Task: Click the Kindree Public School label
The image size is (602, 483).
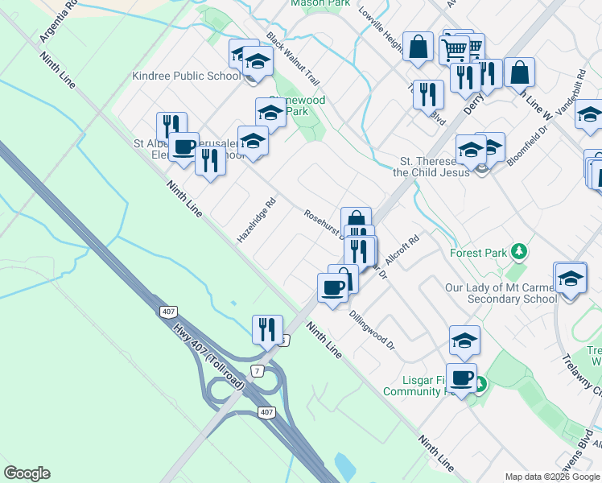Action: pos(186,76)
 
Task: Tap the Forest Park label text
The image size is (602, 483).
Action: pos(478,253)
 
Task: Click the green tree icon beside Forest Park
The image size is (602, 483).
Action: pos(521,253)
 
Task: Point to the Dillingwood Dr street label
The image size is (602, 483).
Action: pos(372,331)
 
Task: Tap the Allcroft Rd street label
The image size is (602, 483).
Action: pos(403,251)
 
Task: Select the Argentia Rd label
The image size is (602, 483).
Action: pos(57,22)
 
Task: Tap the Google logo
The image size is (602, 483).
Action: pos(27,473)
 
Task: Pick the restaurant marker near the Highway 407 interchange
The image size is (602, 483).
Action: pos(267,329)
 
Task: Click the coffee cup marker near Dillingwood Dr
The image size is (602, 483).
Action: pos(332,287)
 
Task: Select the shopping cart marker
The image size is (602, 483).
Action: pos(454,49)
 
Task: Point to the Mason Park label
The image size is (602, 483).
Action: pos(320,3)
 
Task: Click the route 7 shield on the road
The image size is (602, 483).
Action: pos(257,370)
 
